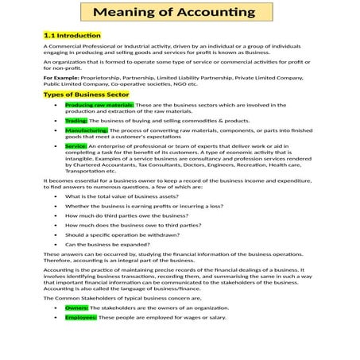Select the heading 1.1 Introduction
point(72,36)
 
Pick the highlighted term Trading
point(76,120)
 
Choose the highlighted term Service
point(76,146)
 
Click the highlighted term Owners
point(77,307)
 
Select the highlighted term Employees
point(81,316)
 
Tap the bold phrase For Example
point(60,79)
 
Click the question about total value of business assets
point(121,195)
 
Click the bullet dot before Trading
point(54,120)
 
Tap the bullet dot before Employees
point(54,316)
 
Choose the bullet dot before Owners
point(54,307)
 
